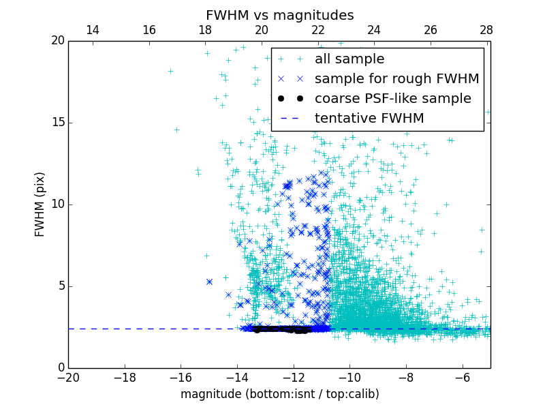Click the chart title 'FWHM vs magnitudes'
279,15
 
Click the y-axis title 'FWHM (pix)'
40,204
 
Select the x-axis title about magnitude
279,394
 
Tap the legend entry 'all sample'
349,59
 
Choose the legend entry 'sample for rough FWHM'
396,79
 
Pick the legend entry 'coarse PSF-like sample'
392,99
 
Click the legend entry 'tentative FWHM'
369,119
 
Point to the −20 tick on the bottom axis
68,377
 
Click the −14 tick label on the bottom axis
236,377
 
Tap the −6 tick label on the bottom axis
462,377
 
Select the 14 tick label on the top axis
92,31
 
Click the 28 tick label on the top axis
486,31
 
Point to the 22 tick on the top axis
317,31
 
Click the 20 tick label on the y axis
57,41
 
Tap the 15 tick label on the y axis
57,123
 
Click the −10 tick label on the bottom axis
349,377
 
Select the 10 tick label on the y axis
57,204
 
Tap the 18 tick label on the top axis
205,31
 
